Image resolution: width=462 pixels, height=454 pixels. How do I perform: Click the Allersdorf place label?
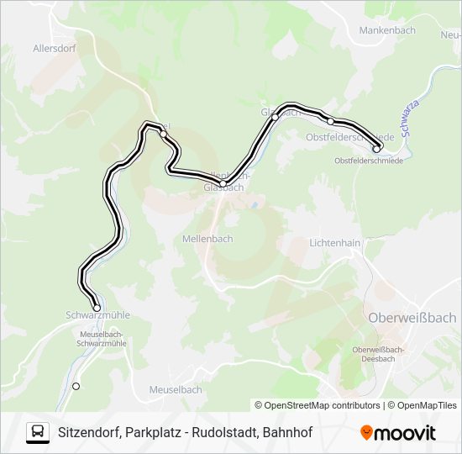[55, 49]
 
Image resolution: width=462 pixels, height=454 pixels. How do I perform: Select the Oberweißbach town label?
[412, 317]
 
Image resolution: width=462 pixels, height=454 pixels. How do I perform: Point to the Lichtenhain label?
[335, 242]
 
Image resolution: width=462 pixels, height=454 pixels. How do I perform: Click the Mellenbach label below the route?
[207, 239]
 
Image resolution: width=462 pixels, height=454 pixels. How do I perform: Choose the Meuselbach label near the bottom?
[175, 390]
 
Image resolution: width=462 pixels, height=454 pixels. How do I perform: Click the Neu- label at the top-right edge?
[449, 36]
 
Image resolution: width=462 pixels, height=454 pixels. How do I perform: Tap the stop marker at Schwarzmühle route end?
[97, 308]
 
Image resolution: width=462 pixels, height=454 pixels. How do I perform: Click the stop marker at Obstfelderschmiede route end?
[376, 150]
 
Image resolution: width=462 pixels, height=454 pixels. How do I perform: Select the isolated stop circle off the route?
[76, 386]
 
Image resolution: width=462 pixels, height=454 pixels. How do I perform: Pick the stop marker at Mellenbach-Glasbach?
[223, 183]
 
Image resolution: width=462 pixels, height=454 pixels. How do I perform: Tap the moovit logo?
[398, 433]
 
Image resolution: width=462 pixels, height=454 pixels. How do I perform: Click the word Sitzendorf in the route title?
[87, 433]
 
